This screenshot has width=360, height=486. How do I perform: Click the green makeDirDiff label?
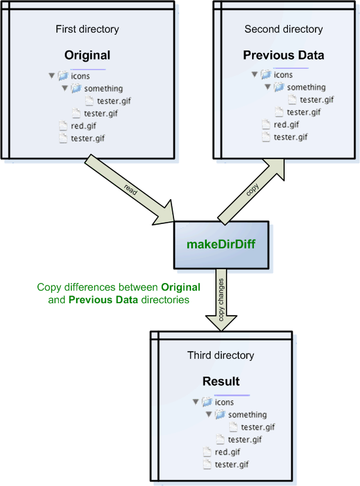[221, 244]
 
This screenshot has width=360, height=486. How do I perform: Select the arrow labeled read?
[130, 189]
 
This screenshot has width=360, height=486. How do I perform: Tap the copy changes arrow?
[221, 300]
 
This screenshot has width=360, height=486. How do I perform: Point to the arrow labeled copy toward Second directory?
[251, 191]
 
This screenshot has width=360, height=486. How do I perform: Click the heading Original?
[87, 55]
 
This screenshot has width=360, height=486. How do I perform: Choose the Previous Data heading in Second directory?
[283, 55]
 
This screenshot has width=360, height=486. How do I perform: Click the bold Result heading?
[221, 381]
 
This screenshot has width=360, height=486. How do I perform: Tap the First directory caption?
[87, 29]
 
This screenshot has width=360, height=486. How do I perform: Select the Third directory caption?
[221, 355]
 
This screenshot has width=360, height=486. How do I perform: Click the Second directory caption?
[283, 29]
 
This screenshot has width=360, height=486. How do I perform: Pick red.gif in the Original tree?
[83, 126]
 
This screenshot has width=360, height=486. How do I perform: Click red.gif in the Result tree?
[227, 452]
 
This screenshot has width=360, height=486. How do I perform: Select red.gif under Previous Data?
[286, 124]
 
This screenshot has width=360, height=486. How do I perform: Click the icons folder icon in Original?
[63, 75]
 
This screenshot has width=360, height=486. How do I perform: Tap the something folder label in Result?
[247, 415]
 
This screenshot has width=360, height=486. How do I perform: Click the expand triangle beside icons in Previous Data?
[255, 75]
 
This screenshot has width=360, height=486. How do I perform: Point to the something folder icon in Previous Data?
[279, 87]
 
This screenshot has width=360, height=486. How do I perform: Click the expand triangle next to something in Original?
[65, 88]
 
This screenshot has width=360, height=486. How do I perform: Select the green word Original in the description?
[181, 288]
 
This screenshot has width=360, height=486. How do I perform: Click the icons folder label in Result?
[225, 402]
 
